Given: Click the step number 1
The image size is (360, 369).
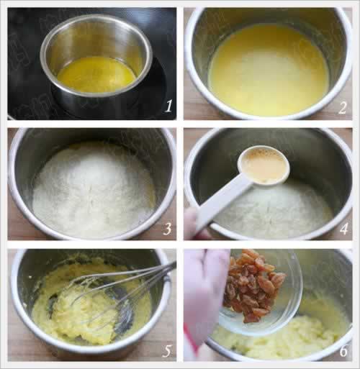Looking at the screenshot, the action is [x=168, y=106].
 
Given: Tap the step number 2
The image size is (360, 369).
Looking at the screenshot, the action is [x=343, y=108].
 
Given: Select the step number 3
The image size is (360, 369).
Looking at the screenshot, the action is [x=167, y=229].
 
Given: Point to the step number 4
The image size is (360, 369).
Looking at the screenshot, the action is [x=343, y=229].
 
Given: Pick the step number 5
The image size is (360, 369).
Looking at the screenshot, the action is [x=167, y=351].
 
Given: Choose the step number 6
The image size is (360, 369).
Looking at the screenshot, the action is [x=343, y=351].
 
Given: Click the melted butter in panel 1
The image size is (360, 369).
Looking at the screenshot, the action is [x=96, y=74].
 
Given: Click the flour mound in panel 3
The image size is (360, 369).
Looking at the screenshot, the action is [x=94, y=189].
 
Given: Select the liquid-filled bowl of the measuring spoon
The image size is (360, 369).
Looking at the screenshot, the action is [x=264, y=165].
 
